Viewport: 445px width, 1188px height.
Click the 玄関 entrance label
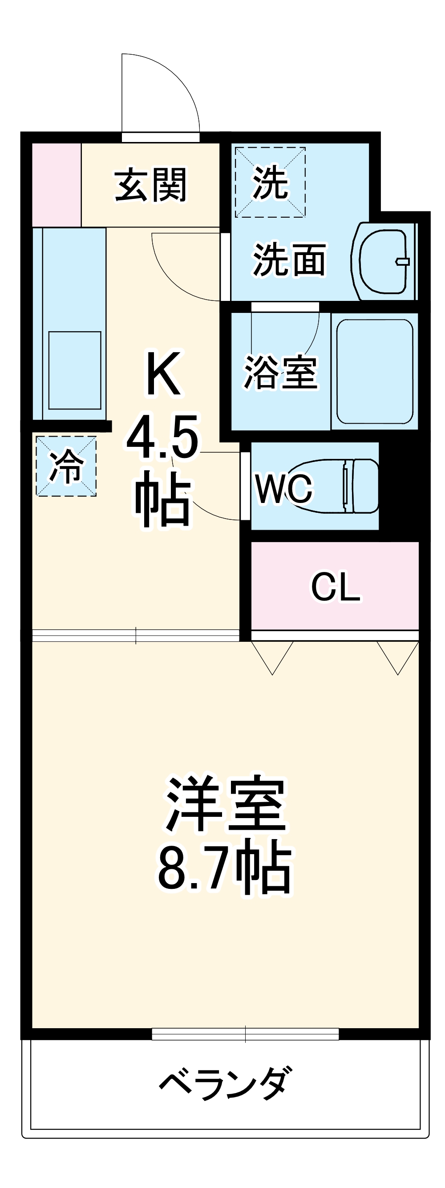pyautogui.click(x=151, y=184)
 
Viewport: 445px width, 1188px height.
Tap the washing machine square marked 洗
pyautogui.click(x=270, y=182)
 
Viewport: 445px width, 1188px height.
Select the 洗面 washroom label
pyautogui.click(x=290, y=259)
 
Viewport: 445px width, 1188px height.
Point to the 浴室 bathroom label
pyautogui.click(x=280, y=372)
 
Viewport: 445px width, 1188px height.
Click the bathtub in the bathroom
pyautogui.click(x=374, y=371)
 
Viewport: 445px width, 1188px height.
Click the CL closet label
pyautogui.click(x=335, y=587)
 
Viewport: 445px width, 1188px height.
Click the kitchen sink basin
pyautogui.click(x=75, y=370)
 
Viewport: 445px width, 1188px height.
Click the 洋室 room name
pyautogui.click(x=226, y=804)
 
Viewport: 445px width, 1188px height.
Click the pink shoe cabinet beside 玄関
pyautogui.click(x=56, y=184)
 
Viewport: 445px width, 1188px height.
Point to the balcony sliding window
pyautogui.click(x=245, y=1034)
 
